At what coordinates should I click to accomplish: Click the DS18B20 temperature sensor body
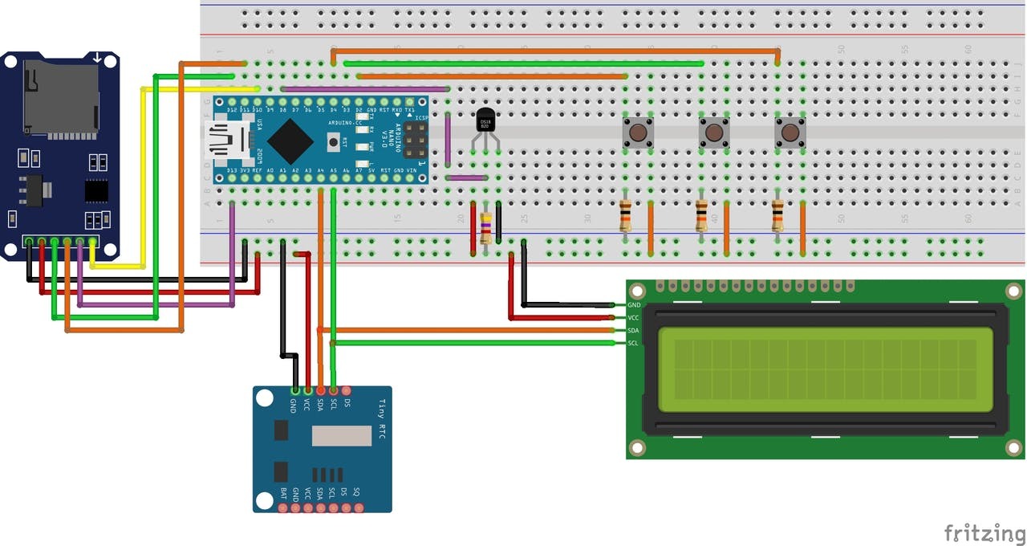pyautogui.click(x=485, y=121)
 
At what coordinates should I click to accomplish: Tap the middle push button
pyautogui.click(x=713, y=132)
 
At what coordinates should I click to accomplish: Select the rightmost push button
pyautogui.click(x=790, y=132)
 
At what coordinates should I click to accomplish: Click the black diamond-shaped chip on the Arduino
pyautogui.click(x=290, y=141)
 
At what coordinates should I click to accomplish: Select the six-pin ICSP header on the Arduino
pyautogui.click(x=416, y=141)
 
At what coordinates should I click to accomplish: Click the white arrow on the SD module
pyautogui.click(x=97, y=58)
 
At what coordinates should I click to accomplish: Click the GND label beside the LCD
pyautogui.click(x=634, y=305)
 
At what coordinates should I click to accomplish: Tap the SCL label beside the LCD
pyautogui.click(x=633, y=344)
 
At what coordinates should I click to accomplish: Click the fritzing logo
pyautogui.click(x=984, y=532)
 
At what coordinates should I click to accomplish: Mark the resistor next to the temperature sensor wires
pyautogui.click(x=485, y=228)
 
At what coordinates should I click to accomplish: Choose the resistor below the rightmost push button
pyautogui.click(x=777, y=215)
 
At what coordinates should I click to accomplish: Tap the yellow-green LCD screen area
pyautogui.click(x=825, y=369)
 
